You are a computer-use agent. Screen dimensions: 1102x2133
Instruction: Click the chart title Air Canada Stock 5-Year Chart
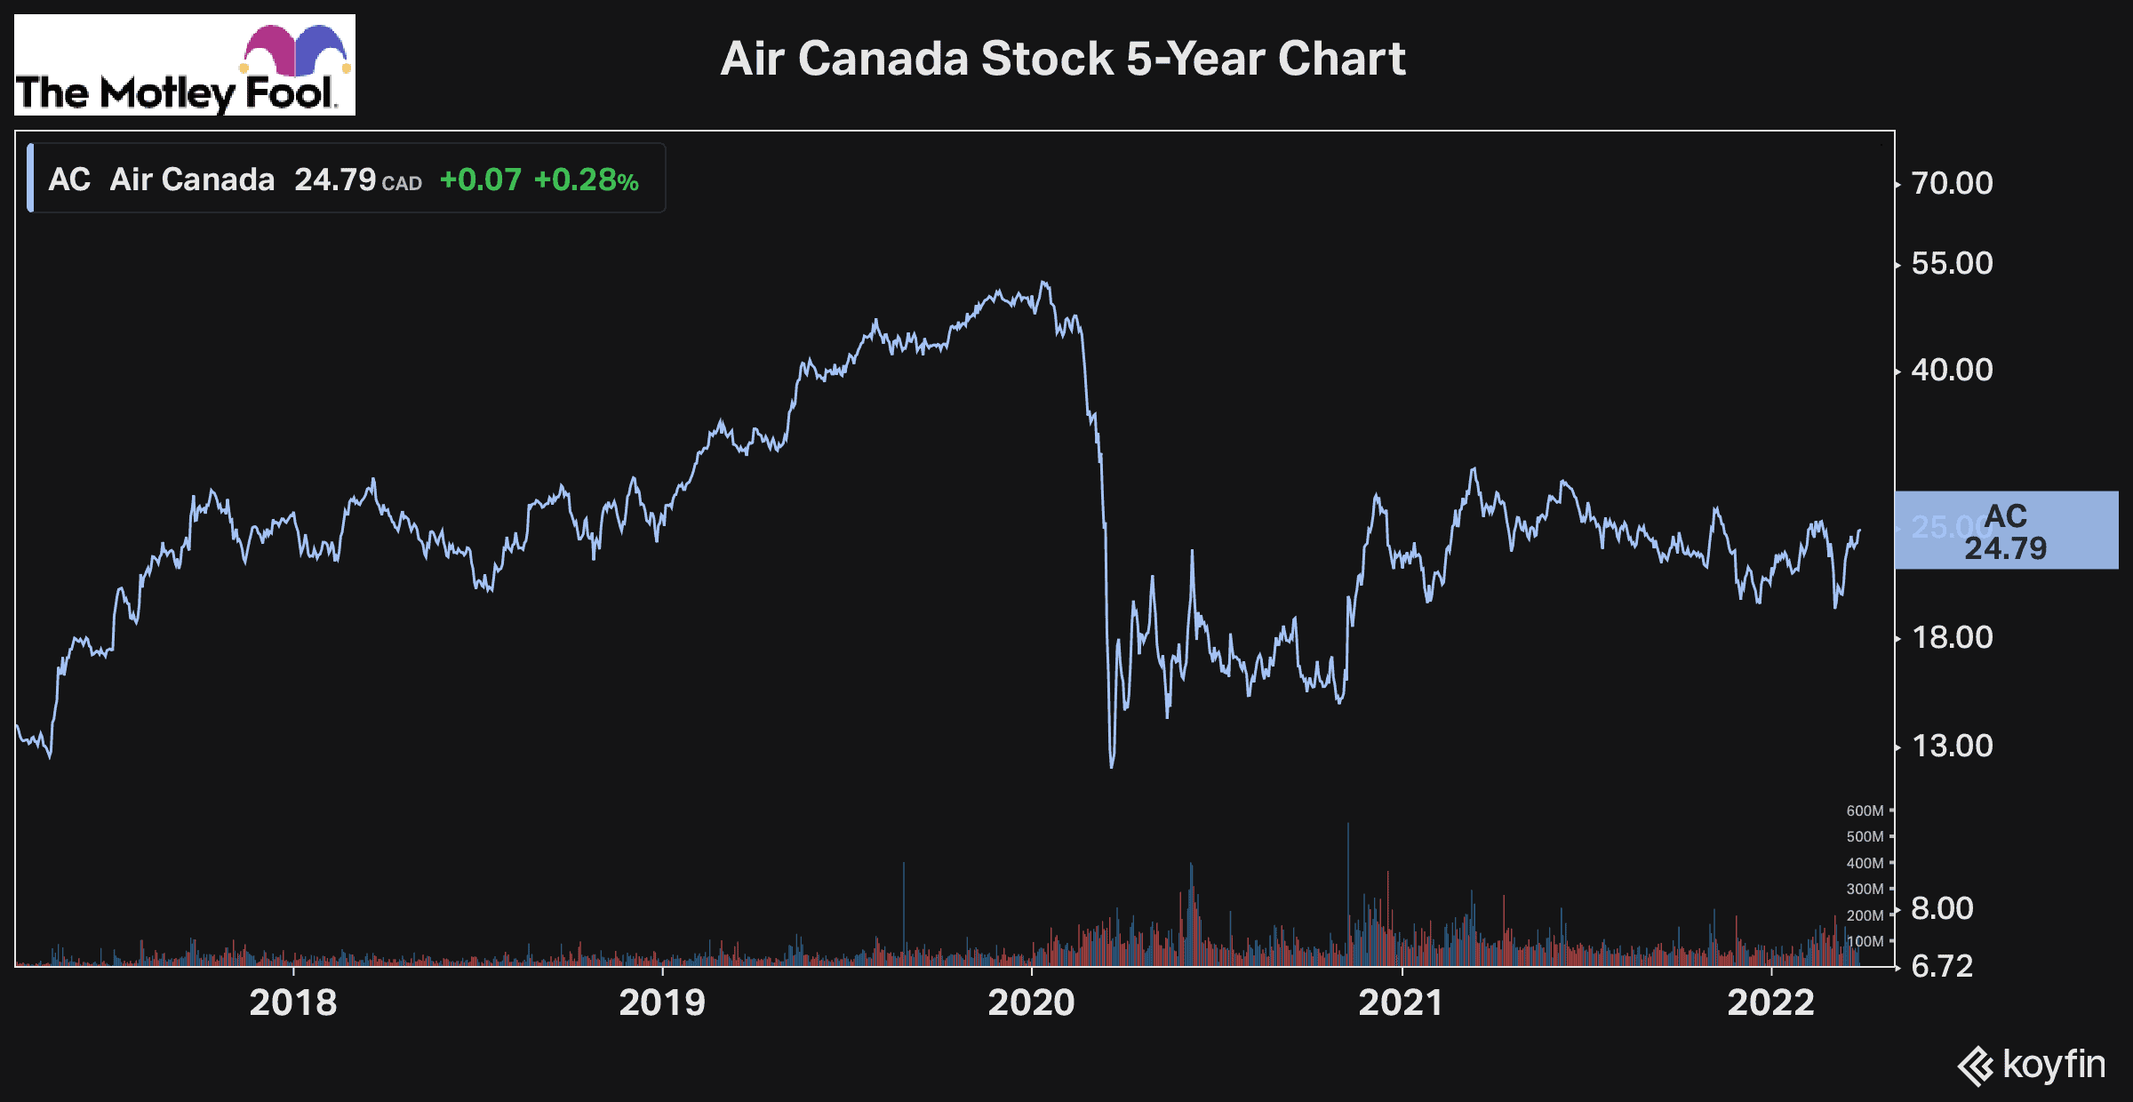click(1062, 59)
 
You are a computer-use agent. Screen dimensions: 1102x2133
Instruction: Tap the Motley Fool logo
click(185, 65)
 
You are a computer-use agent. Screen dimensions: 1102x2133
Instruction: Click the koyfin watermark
click(2032, 1065)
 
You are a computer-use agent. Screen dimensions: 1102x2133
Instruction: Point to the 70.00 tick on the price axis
click(1952, 183)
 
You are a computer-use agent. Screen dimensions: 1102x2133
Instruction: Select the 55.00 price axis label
click(1952, 263)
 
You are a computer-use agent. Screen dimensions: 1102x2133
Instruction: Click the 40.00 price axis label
click(1952, 370)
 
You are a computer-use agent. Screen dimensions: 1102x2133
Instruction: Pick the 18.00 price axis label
click(1952, 637)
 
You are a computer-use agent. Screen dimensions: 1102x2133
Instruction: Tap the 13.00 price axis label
click(1952, 746)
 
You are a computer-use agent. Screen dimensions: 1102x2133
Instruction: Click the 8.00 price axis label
click(1942, 908)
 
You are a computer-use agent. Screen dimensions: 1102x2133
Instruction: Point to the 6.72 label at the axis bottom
click(1942, 966)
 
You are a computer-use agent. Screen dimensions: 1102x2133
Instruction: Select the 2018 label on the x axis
click(292, 1002)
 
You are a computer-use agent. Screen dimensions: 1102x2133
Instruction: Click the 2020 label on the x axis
click(1031, 1002)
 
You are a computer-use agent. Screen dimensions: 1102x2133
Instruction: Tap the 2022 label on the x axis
click(1770, 1002)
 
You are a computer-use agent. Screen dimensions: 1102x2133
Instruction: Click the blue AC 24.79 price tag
click(2006, 531)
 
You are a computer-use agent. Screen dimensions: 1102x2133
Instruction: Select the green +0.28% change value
click(586, 180)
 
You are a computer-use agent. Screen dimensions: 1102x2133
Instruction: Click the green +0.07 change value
click(480, 180)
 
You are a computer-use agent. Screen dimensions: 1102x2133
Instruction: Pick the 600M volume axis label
click(1865, 811)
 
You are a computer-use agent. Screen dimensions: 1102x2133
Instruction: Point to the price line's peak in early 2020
click(1044, 283)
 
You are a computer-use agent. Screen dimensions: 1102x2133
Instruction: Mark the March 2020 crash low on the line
click(1112, 765)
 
